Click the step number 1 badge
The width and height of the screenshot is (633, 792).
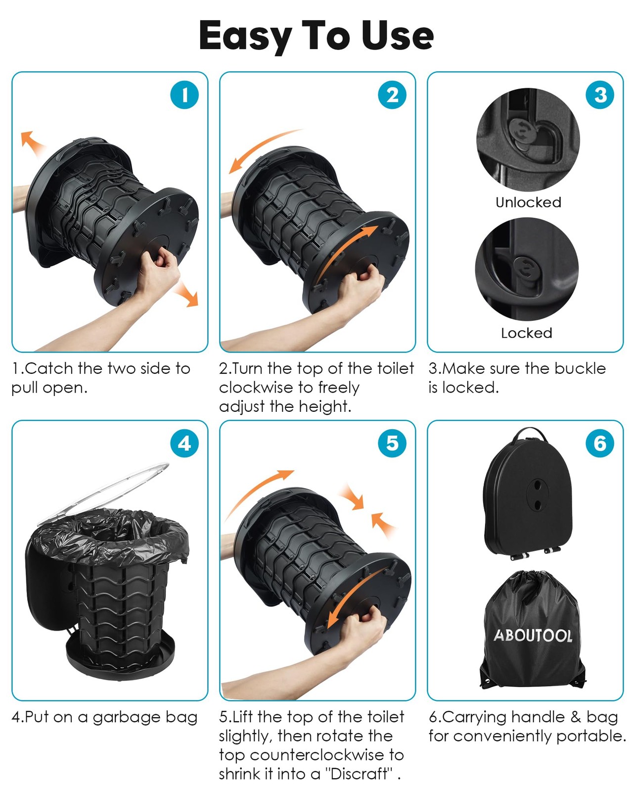(x=184, y=95)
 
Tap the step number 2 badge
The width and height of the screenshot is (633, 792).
(x=392, y=95)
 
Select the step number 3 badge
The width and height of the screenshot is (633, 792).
(x=599, y=95)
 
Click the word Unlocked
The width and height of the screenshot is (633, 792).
(x=528, y=202)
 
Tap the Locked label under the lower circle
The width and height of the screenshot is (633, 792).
(x=526, y=333)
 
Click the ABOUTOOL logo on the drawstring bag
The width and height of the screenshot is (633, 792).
(x=533, y=635)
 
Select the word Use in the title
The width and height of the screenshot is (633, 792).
(x=397, y=35)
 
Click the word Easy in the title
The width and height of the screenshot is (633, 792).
(x=245, y=37)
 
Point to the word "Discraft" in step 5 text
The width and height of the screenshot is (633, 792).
(x=360, y=774)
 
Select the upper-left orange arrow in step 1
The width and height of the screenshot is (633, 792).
(x=32, y=143)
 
